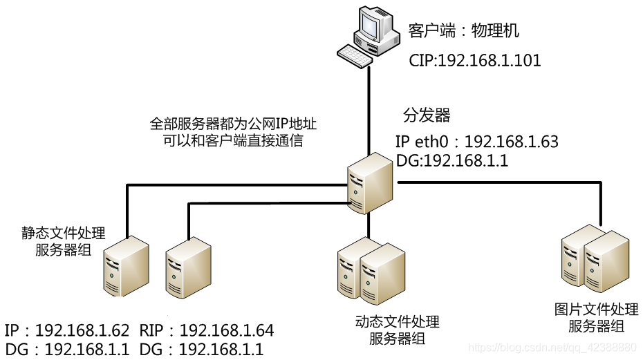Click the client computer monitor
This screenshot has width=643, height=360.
(373, 26)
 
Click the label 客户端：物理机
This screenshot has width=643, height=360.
(463, 31)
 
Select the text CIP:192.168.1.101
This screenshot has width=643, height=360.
(474, 61)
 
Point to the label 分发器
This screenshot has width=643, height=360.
(427, 115)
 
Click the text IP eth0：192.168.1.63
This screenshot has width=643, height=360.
(476, 142)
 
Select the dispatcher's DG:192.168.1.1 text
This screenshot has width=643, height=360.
(452, 161)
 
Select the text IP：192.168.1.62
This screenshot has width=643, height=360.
(67, 330)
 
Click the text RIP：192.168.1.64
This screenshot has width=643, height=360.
(207, 330)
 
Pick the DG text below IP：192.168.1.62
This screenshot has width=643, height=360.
(67, 350)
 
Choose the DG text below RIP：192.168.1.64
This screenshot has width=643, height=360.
(202, 350)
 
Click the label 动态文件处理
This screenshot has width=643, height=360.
(397, 322)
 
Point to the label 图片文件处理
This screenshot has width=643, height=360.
(596, 310)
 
